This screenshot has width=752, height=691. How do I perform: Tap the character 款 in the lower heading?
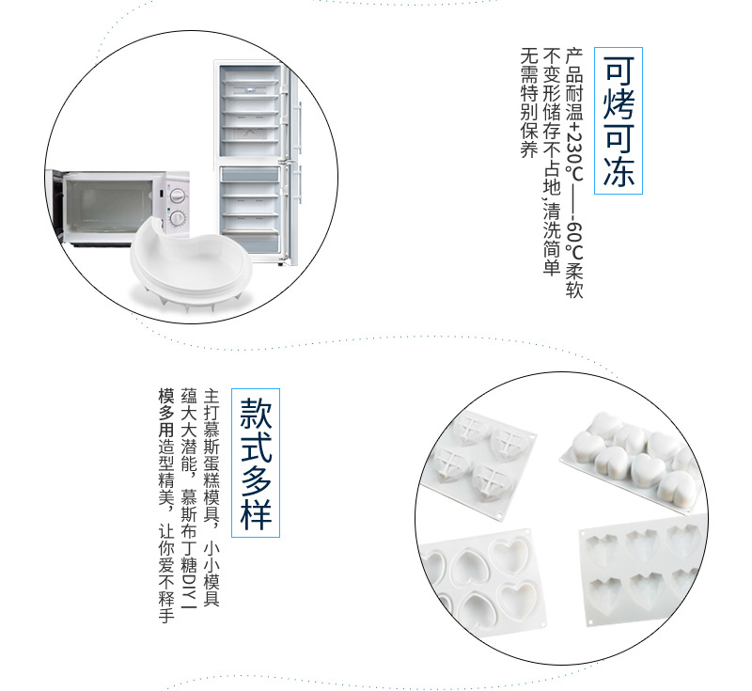[x=256, y=411]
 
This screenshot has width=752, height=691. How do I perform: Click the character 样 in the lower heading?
[x=256, y=513]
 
